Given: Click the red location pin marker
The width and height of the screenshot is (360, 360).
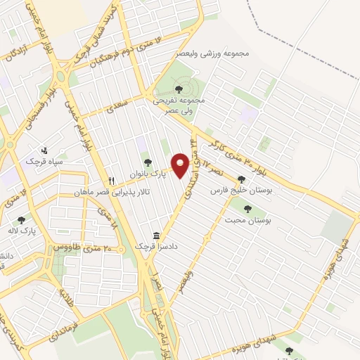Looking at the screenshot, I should point(181,165).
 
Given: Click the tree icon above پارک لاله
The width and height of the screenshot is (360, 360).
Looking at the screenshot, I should point(21,220).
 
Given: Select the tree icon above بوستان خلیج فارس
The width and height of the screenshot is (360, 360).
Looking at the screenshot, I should point(242,179).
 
